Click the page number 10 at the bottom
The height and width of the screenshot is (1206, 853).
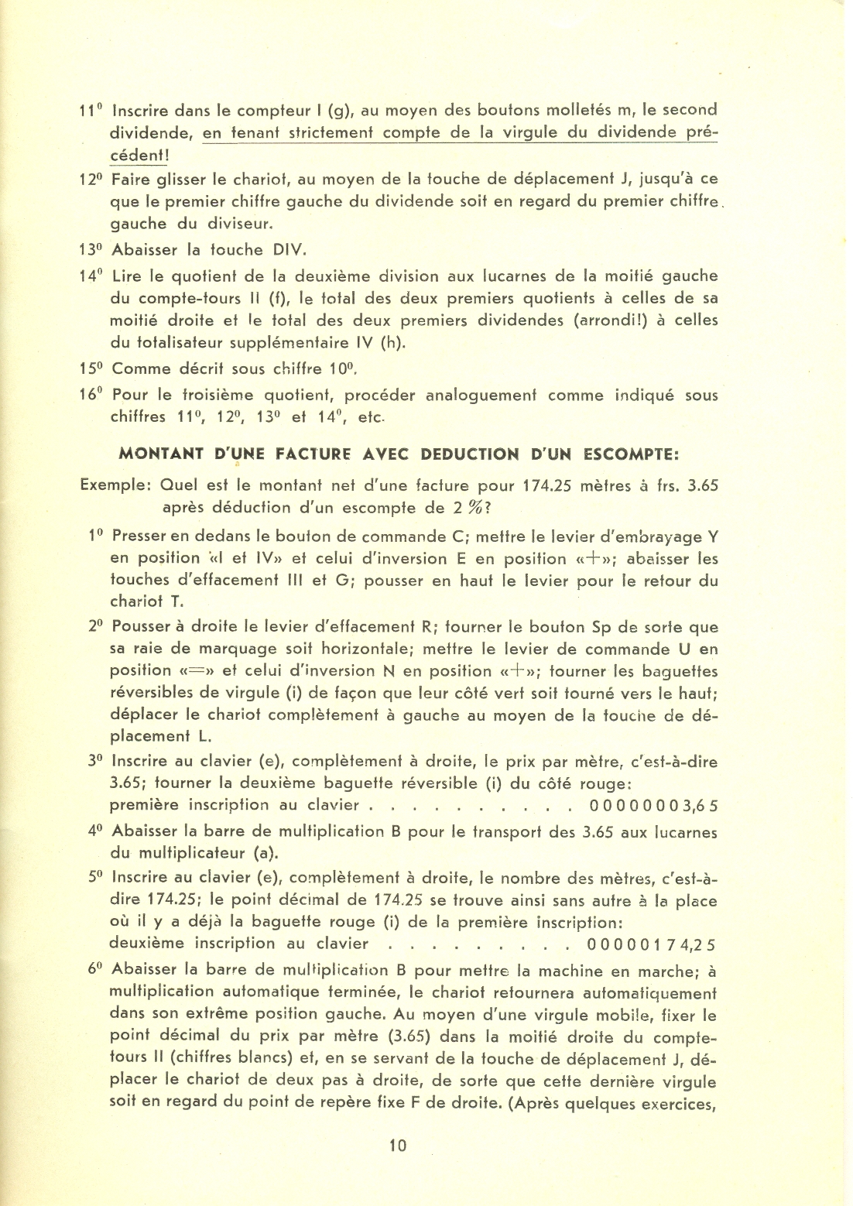click(x=398, y=1146)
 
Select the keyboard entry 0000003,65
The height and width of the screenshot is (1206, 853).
click(x=653, y=806)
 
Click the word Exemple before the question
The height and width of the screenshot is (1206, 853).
click(x=116, y=486)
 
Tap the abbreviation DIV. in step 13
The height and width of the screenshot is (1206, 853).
click(x=289, y=250)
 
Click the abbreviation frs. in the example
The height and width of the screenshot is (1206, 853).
click(x=668, y=486)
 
